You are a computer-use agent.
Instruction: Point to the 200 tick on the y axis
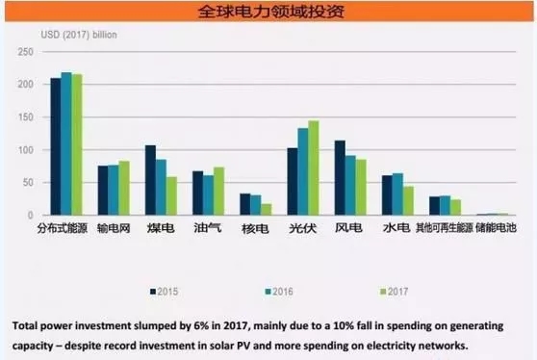click(x=25, y=84)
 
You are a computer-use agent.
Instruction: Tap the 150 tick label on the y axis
click(x=25, y=117)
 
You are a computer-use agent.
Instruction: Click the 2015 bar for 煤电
click(x=150, y=180)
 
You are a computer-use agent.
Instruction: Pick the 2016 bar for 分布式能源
click(x=65, y=143)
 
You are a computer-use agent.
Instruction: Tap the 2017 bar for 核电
click(x=266, y=209)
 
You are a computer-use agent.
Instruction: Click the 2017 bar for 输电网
click(x=124, y=188)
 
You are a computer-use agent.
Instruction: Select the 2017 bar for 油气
click(x=218, y=191)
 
